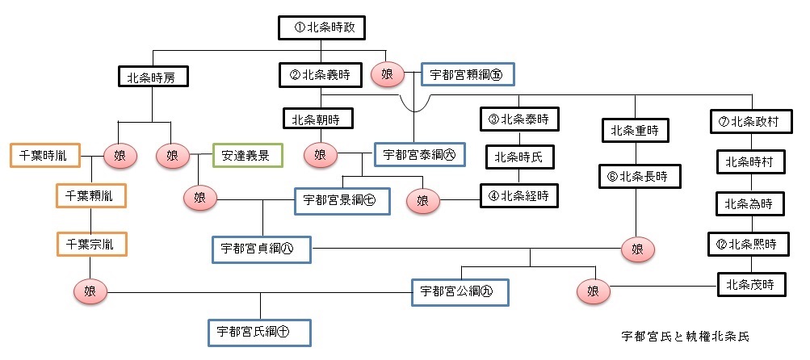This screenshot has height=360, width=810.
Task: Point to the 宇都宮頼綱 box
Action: (468, 75)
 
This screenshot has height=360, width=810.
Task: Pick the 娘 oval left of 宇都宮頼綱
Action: (387, 74)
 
